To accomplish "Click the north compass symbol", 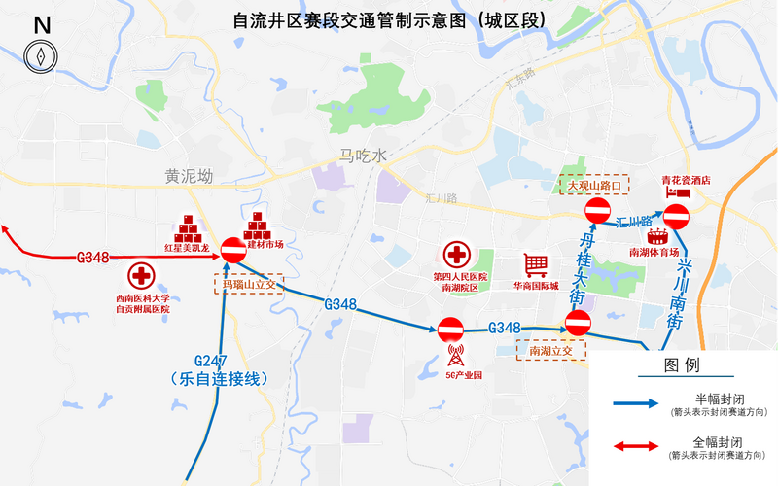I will (x=42, y=56).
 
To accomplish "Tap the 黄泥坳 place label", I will (x=189, y=177).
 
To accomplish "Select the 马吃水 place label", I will (x=363, y=156).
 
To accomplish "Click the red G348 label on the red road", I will (x=93, y=258).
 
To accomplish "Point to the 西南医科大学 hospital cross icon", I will (x=143, y=275).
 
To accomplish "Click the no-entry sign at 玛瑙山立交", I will (x=233, y=250).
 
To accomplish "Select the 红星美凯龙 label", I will (x=187, y=248).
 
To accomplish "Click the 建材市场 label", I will (x=264, y=245).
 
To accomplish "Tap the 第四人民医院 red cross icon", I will (x=457, y=257).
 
